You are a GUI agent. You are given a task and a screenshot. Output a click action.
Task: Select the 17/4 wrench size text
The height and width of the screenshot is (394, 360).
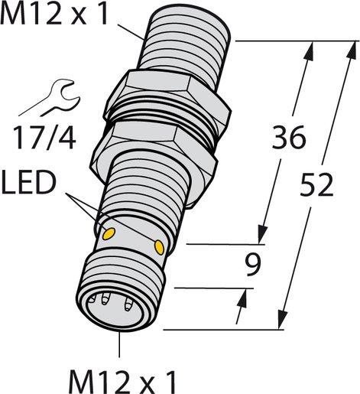[45, 138]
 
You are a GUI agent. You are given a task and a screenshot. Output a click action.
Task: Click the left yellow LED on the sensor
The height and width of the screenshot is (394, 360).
[109, 232]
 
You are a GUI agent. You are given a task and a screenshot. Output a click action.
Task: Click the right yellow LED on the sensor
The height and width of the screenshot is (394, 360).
[160, 246]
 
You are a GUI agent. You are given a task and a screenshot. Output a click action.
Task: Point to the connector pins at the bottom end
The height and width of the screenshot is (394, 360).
[111, 301]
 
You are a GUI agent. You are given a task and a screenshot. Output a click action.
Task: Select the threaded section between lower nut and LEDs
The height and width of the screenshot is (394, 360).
[145, 199]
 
